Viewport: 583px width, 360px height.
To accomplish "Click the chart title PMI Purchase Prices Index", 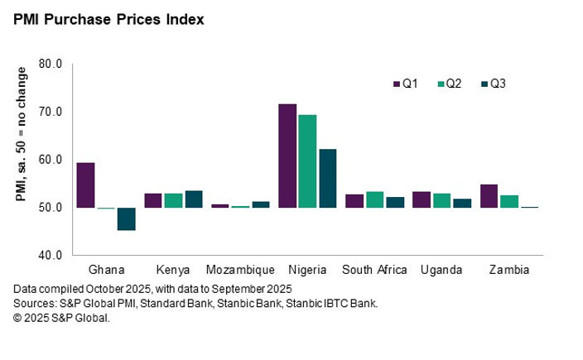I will pos(108,18).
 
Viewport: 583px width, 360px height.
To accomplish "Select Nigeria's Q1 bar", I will pos(287,156).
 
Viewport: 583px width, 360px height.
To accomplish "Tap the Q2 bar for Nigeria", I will pos(307,161).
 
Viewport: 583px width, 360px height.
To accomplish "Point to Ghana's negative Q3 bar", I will pos(126,218).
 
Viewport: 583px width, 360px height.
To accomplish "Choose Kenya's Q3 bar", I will pos(193,199).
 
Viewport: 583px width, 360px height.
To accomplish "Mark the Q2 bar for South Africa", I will pos(374,199).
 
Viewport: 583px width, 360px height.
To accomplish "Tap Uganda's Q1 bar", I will pos(422,199).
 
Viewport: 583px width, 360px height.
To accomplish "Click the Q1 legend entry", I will pos(406,84).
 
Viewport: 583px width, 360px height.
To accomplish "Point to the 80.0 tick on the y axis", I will pos(51,64).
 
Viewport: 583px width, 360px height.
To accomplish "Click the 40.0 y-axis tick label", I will pos(51,255).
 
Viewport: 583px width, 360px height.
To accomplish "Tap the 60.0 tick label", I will pos(51,160).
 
